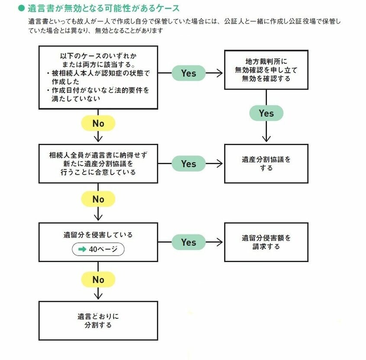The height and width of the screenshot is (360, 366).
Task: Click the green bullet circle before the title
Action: pos(22,8)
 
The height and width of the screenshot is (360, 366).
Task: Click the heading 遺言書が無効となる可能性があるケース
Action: pos(104,8)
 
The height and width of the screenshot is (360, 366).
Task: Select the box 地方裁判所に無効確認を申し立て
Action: pos(266,70)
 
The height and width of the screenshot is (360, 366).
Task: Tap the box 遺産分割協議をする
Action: pos(266,164)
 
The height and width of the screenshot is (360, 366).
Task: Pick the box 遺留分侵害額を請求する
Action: pos(266,242)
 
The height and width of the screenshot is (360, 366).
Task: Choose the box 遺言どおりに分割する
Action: pos(98,321)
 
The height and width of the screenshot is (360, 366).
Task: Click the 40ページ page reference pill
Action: pos(98,249)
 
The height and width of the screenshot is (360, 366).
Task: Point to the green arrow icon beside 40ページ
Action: pos(82,249)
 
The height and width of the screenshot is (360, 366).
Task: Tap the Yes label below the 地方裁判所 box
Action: pos(266,113)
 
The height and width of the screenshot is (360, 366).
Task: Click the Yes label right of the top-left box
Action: pos(189,73)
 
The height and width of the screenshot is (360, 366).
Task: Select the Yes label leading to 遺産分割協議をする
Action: pos(189,164)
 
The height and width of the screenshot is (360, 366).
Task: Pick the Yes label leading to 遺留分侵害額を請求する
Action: pos(189,242)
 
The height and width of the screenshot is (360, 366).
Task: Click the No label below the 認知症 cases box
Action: pos(98,123)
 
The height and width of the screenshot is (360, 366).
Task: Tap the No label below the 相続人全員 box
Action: pos(98,199)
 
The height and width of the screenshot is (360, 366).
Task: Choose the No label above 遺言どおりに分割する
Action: pos(98,279)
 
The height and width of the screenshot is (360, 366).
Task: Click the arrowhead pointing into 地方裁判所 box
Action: pos(220,73)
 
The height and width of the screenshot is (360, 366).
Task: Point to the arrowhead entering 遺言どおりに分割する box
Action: pos(98,296)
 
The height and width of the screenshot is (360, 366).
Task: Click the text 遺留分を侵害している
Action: pos(98,235)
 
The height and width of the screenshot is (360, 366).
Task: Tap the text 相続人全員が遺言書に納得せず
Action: pos(98,155)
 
